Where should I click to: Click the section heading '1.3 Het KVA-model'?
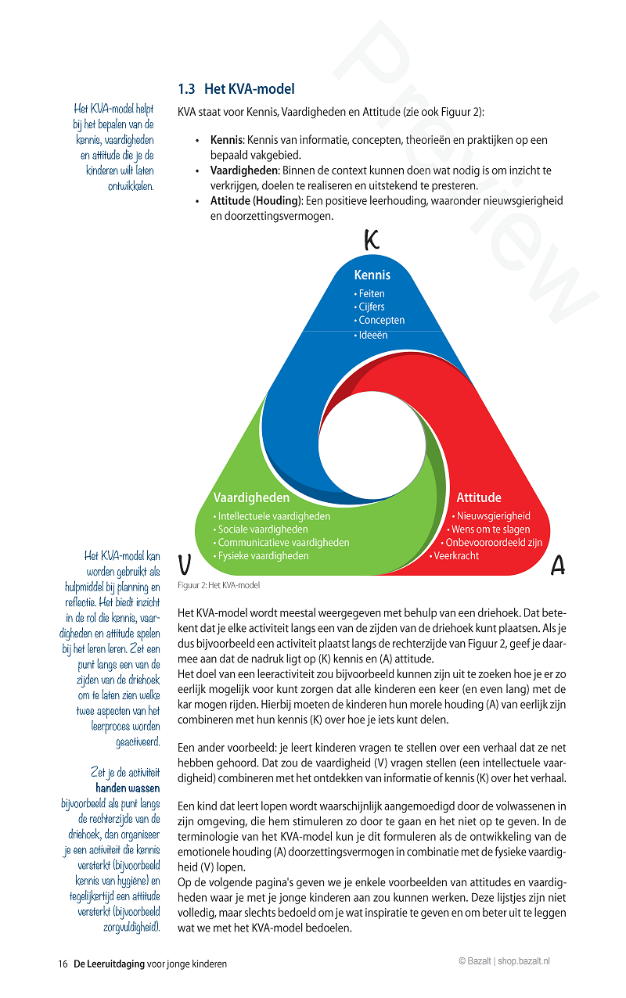[236, 89]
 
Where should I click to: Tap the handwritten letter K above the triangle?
[372, 239]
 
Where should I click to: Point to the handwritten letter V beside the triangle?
[185, 564]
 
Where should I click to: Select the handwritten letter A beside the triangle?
[558, 565]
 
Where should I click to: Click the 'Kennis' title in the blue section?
[372, 275]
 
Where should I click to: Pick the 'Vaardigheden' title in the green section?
[251, 497]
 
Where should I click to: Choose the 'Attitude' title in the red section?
[479, 497]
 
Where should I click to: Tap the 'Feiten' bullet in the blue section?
[371, 293]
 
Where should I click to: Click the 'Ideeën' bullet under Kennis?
[372, 335]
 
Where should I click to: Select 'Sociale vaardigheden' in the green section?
[262, 530]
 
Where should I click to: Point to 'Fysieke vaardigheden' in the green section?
[263, 556]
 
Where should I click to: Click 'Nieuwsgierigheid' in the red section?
[493, 516]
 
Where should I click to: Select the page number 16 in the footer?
[63, 964]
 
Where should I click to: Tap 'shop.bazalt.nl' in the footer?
[524, 960]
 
